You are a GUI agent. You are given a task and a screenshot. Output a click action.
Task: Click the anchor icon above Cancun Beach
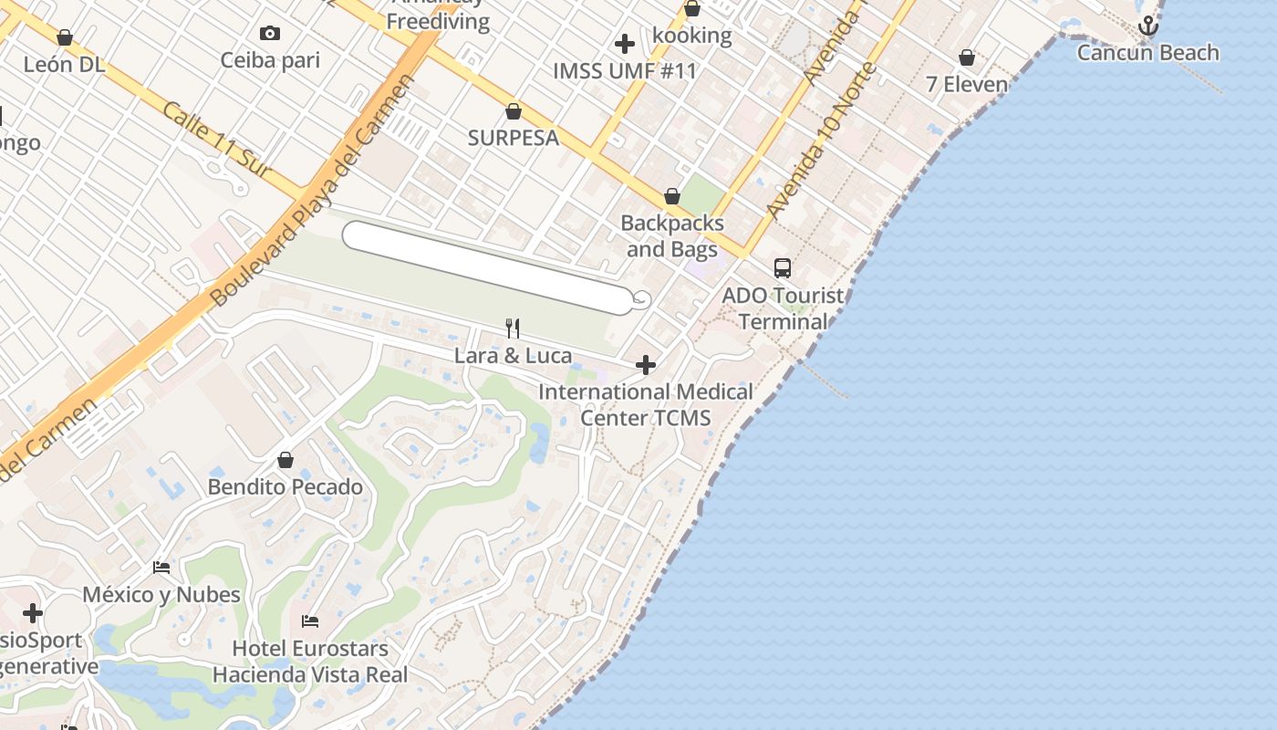[1147, 26]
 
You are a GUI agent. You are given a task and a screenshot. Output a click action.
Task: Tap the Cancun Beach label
[1147, 53]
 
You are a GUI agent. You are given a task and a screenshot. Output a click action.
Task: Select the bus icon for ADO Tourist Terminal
[783, 268]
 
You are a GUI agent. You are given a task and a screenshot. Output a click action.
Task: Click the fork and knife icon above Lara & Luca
[513, 328]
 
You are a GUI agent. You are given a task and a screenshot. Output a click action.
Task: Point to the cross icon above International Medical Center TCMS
[646, 366]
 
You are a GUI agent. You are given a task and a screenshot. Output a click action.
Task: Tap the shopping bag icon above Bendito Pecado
[286, 460]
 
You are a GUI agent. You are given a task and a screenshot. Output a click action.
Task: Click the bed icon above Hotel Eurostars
[310, 621]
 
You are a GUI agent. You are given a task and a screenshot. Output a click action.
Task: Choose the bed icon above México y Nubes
[161, 568]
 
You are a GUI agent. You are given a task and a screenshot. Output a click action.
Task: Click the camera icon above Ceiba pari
[270, 34]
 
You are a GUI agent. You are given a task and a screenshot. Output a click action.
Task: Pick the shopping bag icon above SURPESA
[514, 111]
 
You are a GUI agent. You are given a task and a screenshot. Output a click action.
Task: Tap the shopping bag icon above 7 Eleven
[967, 58]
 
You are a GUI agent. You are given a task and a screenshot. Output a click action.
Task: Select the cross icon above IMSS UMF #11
[625, 43]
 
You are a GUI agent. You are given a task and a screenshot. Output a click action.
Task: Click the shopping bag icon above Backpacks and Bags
[672, 196]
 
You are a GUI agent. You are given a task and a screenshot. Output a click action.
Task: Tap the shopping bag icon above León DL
[65, 37]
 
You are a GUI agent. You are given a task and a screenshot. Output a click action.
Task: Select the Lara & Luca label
[513, 356]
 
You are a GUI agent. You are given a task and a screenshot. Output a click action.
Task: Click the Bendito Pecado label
[286, 487]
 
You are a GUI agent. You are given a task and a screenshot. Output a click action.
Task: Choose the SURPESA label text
[514, 139]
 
